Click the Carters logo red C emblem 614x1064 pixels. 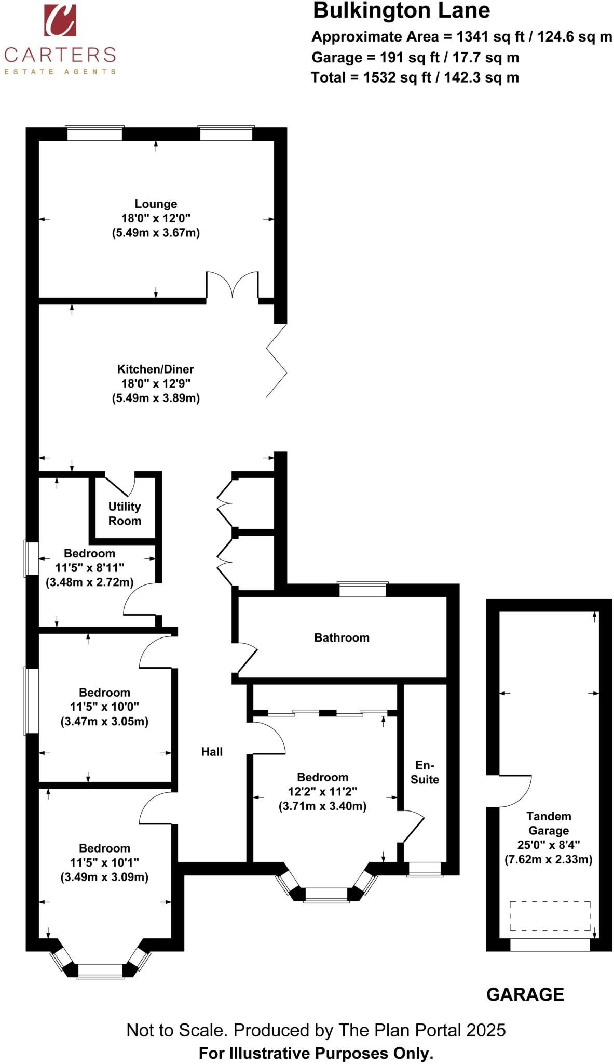[x=60, y=20]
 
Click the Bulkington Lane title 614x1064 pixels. [x=401, y=11]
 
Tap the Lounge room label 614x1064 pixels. [x=156, y=204]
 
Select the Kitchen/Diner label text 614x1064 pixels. [x=155, y=369]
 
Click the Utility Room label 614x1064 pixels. [x=125, y=513]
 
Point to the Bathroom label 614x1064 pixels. [x=342, y=637]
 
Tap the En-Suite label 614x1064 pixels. [x=425, y=772]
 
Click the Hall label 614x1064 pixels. [x=212, y=751]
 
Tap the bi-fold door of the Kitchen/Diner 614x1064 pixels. [x=277, y=360]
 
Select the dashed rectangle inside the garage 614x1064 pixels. [x=550, y=915]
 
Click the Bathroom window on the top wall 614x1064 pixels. [x=362, y=590]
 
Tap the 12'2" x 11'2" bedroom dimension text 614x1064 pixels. [x=322, y=792]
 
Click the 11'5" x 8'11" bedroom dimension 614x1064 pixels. [x=89, y=568]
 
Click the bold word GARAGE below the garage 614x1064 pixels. [x=525, y=994]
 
